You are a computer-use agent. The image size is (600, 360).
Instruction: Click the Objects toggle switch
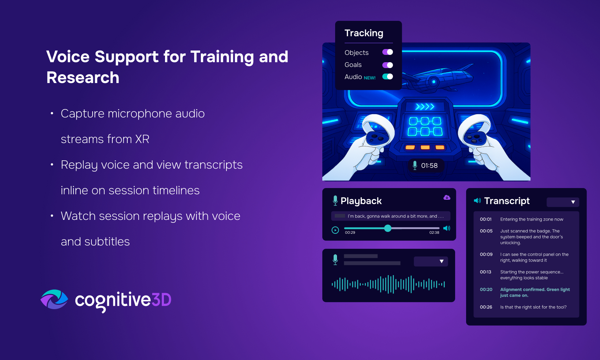(x=387, y=52)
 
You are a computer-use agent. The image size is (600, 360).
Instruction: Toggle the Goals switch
(x=387, y=65)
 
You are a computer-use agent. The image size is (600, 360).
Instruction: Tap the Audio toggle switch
(x=387, y=76)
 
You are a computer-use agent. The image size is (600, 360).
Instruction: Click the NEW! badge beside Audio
(x=370, y=78)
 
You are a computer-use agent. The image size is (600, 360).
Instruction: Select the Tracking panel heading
(x=364, y=33)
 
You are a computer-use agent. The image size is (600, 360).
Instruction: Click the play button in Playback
(x=335, y=230)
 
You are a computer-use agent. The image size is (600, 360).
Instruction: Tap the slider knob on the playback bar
(x=387, y=228)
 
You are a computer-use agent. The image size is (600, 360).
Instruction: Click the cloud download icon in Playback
(x=447, y=198)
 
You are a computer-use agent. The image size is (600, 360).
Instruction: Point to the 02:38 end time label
(x=434, y=233)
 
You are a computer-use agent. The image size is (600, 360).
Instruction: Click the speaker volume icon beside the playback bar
(x=447, y=228)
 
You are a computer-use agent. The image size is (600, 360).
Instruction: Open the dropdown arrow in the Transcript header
(x=573, y=202)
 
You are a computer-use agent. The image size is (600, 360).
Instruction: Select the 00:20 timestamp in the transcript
(x=486, y=289)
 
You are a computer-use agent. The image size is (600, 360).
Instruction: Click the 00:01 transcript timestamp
(x=485, y=220)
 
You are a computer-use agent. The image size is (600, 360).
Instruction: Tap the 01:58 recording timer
(x=430, y=165)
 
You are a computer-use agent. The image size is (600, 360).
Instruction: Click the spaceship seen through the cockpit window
(x=436, y=77)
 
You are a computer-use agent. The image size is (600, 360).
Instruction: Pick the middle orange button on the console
(x=425, y=147)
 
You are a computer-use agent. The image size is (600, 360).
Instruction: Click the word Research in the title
(x=83, y=78)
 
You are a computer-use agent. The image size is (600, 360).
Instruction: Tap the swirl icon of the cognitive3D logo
(x=55, y=299)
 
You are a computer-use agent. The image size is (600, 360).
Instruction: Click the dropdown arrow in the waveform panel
(x=442, y=262)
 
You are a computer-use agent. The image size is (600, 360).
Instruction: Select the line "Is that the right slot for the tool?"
(x=533, y=307)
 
